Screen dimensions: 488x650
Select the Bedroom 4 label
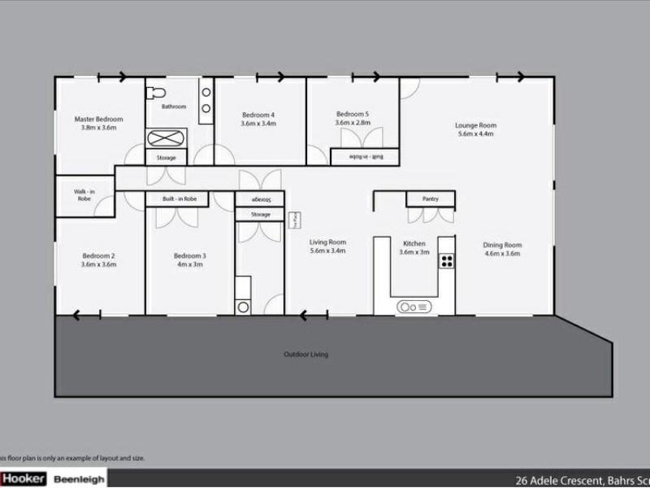coord(258,115)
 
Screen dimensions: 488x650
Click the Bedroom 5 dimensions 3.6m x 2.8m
coord(353,123)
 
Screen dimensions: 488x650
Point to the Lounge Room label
coord(475,125)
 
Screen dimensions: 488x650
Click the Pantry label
coord(430,198)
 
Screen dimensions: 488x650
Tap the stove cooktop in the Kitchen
coord(446,260)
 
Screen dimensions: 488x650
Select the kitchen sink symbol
coord(413,307)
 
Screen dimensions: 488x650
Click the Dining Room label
coord(502,245)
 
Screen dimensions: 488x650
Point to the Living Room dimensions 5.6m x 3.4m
coord(327,251)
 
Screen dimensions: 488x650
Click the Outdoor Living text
coord(305,355)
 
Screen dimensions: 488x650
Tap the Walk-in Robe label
coord(85,195)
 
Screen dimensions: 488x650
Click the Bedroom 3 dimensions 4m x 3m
coord(189,264)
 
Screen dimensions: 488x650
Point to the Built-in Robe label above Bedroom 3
coord(179,198)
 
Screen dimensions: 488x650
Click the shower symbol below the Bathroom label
coord(166,137)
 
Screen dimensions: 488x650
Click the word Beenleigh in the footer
coord(78,479)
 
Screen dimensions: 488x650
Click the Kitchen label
coord(414,243)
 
